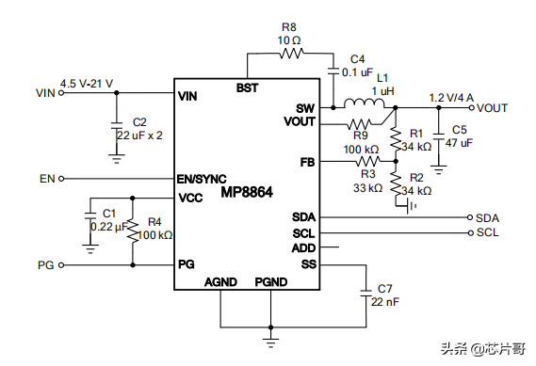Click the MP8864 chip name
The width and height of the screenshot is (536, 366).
(x=247, y=192)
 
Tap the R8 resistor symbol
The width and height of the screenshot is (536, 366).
(x=291, y=54)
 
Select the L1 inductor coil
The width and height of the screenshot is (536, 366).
(x=364, y=103)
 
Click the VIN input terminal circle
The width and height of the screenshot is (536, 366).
(x=61, y=92)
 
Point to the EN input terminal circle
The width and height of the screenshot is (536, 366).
(x=61, y=178)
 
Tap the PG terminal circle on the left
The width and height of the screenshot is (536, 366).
(x=61, y=265)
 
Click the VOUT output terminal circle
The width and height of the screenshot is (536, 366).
(x=471, y=108)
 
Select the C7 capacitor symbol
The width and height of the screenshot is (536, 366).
(x=366, y=293)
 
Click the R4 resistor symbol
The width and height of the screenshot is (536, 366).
(x=133, y=231)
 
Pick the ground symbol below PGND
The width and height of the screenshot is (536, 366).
(x=270, y=342)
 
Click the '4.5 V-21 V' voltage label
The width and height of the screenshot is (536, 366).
(x=87, y=84)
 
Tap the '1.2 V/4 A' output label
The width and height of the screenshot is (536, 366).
(x=451, y=98)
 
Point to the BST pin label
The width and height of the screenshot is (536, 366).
(x=247, y=88)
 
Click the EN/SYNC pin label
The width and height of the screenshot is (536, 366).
(x=202, y=179)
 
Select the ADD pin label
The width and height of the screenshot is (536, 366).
(x=303, y=248)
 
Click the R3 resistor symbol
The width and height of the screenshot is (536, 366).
(x=367, y=161)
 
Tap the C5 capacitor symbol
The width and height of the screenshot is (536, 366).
(x=439, y=136)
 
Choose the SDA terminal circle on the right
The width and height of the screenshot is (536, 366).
(x=470, y=217)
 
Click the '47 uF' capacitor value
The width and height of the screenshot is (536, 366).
(x=459, y=143)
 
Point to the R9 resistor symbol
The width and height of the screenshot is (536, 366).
(x=360, y=123)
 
